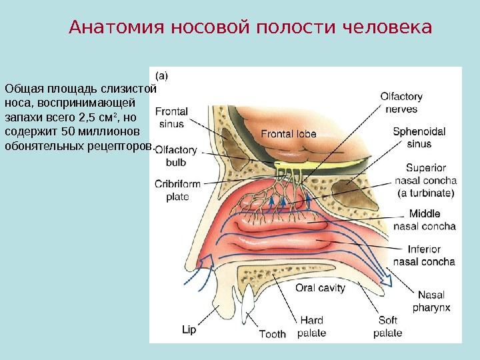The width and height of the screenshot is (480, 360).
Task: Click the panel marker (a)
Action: tap(162, 75)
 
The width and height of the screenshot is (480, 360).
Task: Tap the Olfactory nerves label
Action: tap(401, 103)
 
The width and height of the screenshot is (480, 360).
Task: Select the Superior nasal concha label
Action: tap(425, 180)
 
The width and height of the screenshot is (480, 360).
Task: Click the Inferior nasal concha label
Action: tap(424, 256)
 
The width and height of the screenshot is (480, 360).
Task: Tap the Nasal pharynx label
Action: tap(431, 301)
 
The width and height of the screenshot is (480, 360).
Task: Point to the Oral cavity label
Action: tap(320, 288)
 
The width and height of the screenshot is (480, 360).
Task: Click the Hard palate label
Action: tap(312, 327)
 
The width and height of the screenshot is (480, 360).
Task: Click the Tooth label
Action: tap(272, 334)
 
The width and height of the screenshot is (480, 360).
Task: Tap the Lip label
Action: tap(189, 329)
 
